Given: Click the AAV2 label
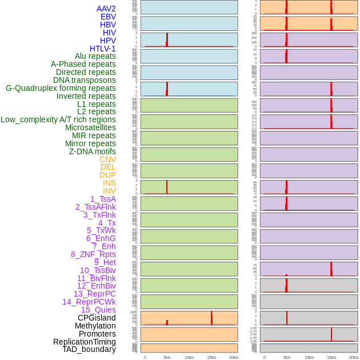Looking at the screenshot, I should pyautogui.click(x=106, y=9).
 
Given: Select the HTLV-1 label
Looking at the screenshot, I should pyautogui.click(x=102, y=49).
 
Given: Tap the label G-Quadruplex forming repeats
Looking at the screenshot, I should pyautogui.click(x=61, y=88).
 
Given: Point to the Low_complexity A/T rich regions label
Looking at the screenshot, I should pyautogui.click(x=58, y=119).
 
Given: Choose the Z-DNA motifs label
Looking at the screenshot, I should pyautogui.click(x=92, y=151).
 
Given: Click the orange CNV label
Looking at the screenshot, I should pyautogui.click(x=107, y=159).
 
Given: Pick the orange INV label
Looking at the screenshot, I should pyautogui.click(x=109, y=191).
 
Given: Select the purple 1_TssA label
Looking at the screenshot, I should pyautogui.click(x=103, y=199).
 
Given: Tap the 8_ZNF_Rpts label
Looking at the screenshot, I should pyautogui.click(x=93, y=254).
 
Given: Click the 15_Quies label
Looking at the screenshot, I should pyautogui.click(x=98, y=310).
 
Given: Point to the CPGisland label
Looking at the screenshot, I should pyautogui.click(x=97, y=318).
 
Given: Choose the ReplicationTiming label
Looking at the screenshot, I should pyautogui.click(x=84, y=342).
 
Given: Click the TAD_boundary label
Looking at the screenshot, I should pyautogui.click(x=89, y=349).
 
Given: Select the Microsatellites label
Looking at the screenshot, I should pyautogui.click(x=90, y=127).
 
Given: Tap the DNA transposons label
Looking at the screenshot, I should pyautogui.click(x=85, y=80).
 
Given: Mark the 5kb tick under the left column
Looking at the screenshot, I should pyautogui.click(x=167, y=357).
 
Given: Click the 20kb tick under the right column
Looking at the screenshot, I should pyautogui.click(x=353, y=357).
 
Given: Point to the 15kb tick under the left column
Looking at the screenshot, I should pyautogui.click(x=211, y=357).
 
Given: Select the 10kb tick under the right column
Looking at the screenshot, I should pyautogui.click(x=309, y=357).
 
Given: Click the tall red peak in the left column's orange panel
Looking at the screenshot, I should pyautogui.click(x=211, y=318).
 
